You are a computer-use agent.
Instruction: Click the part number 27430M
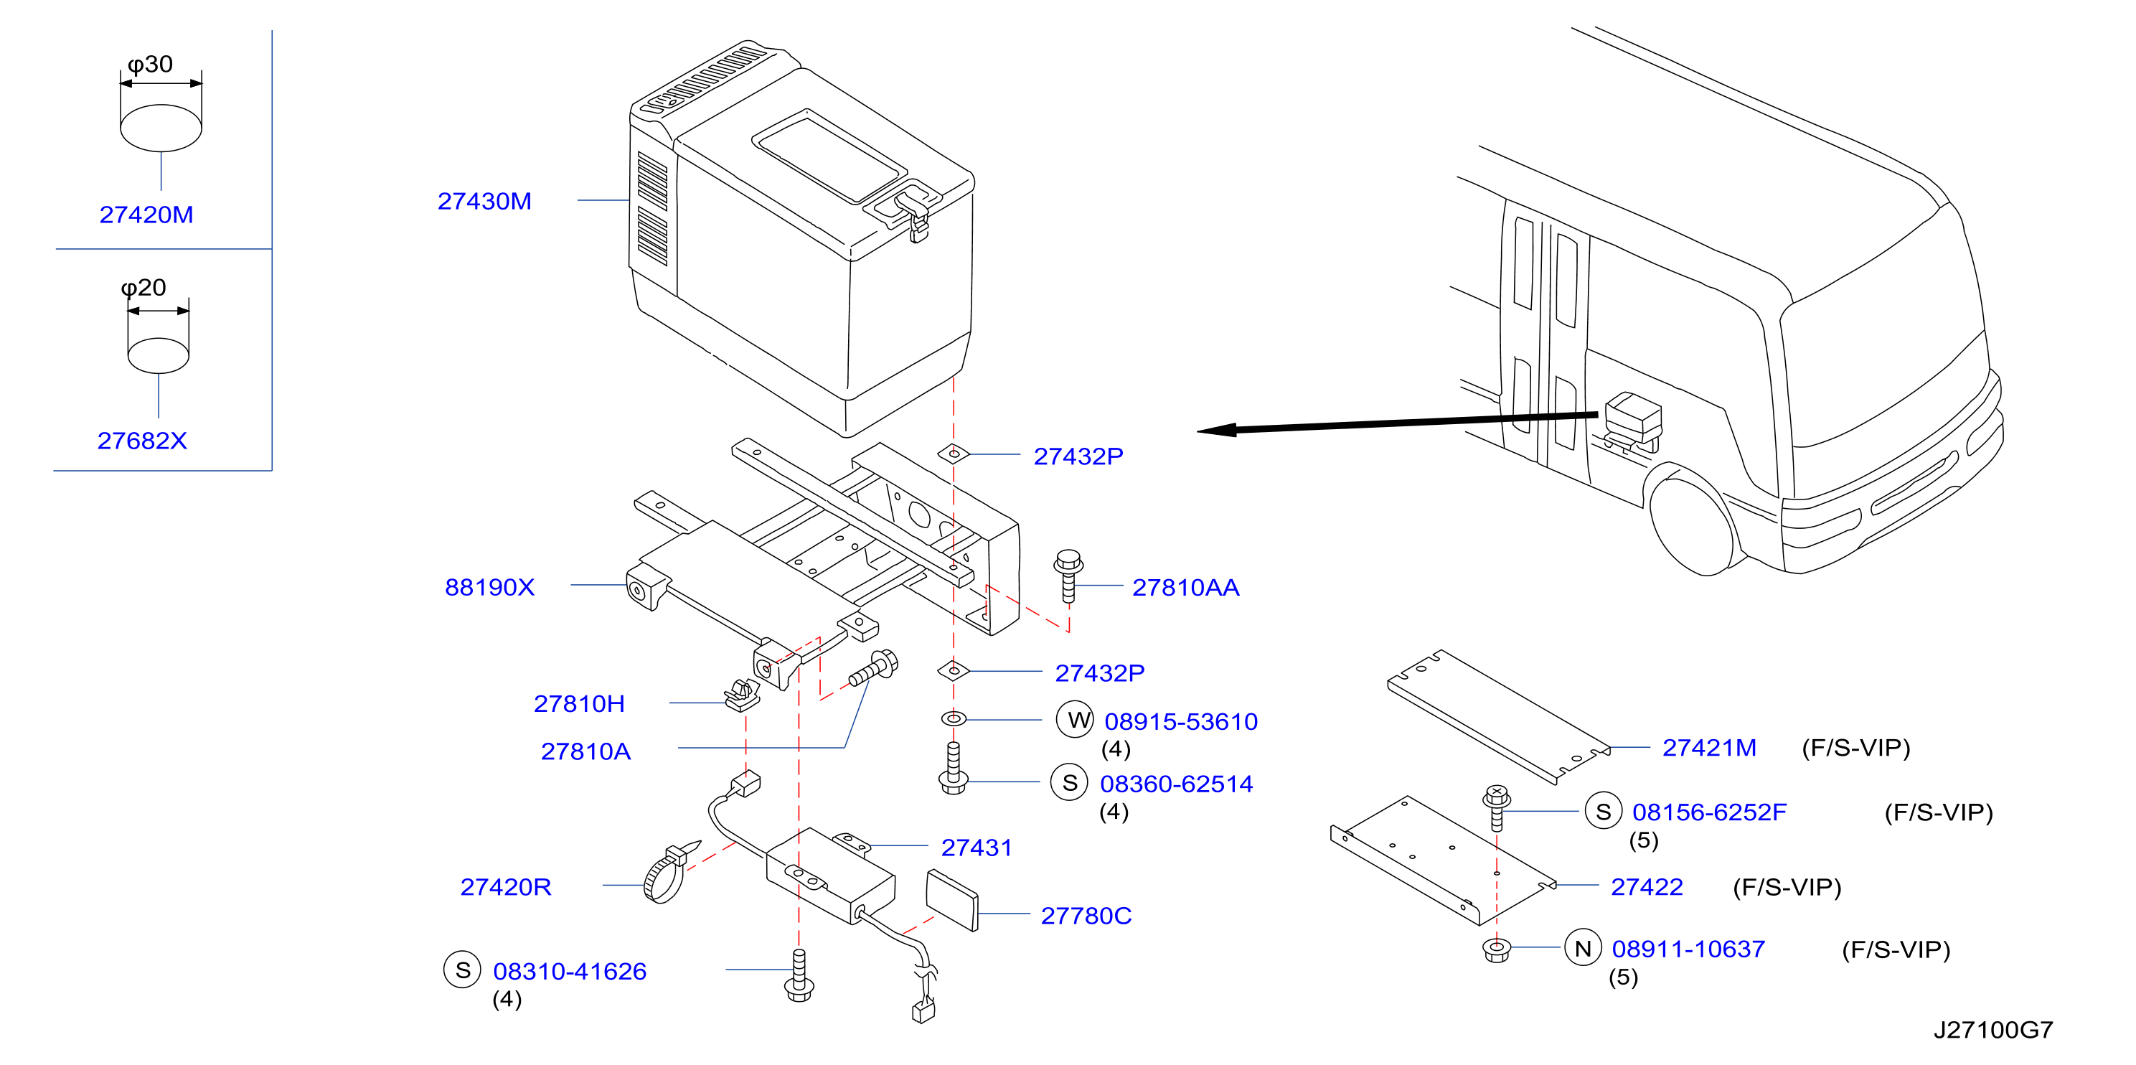(484, 202)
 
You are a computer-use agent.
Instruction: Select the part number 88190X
(489, 587)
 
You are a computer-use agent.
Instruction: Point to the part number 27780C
(1086, 916)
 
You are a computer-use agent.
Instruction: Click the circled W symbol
(1076, 719)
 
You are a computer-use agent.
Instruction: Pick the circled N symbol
(1583, 947)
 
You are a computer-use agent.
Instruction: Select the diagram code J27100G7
(1993, 1030)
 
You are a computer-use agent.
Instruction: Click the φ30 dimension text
(150, 65)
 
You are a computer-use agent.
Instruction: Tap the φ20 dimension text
(144, 288)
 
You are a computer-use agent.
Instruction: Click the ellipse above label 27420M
(161, 128)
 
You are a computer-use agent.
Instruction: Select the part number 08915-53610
(1181, 722)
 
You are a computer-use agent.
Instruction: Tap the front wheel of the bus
(1692, 524)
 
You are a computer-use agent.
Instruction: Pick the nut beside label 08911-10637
(1497, 949)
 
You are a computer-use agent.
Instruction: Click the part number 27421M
(1709, 748)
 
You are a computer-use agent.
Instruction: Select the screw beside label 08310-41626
(799, 975)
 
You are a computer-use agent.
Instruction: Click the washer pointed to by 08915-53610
(954, 718)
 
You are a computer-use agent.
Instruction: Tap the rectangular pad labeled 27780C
(952, 901)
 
